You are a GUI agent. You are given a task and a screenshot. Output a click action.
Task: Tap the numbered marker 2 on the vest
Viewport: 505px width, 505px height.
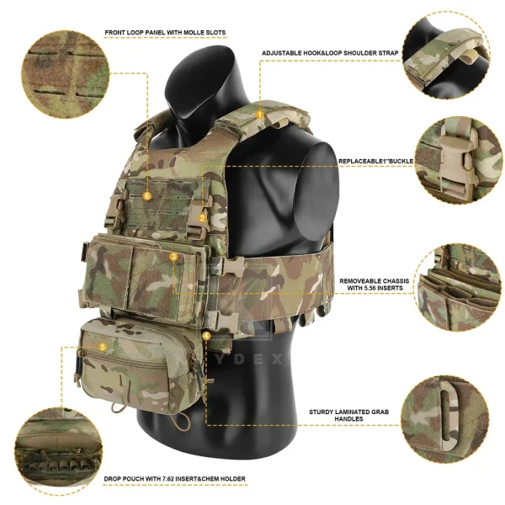[x=203, y=217]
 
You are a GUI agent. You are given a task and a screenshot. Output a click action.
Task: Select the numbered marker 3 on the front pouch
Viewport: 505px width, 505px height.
[x=173, y=257]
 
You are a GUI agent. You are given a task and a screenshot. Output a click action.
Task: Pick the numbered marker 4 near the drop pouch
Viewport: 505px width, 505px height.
[x=207, y=336]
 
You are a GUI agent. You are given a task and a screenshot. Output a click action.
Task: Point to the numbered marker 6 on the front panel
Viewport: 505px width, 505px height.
[x=147, y=195]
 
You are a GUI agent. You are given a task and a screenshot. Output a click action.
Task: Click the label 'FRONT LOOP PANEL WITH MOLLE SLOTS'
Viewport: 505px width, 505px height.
[x=165, y=33]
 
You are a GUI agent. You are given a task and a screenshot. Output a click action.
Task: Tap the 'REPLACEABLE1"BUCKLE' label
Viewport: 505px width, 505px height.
[x=375, y=160]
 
